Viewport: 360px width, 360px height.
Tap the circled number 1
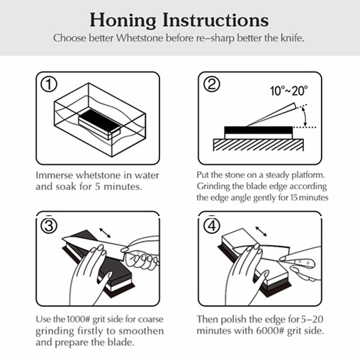click(49, 85)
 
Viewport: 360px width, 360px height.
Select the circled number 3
click(49, 225)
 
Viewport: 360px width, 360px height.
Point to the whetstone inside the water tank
click(100, 121)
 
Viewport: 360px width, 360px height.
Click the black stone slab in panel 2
click(257, 130)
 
